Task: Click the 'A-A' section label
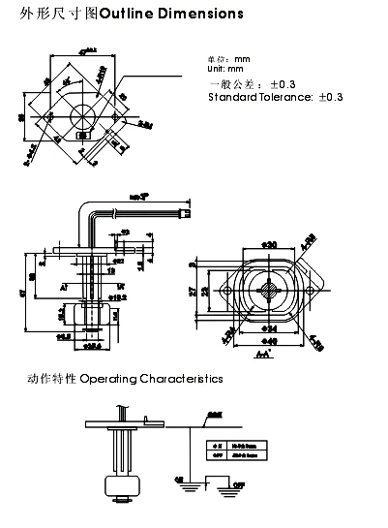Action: click(x=263, y=356)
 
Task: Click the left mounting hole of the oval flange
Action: click(x=227, y=290)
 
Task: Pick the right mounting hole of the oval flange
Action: click(x=314, y=290)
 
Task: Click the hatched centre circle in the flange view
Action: click(x=271, y=290)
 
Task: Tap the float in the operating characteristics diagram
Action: click(x=122, y=490)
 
